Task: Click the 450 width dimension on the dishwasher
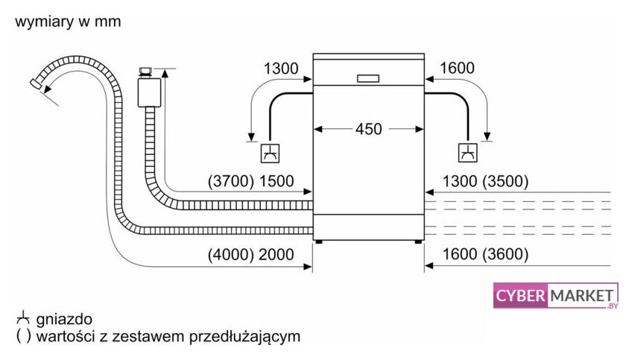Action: tap(368, 129)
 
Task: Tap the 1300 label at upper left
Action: tap(281, 69)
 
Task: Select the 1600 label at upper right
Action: tap(456, 69)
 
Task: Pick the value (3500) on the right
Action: tap(505, 181)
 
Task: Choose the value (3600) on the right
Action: tap(505, 255)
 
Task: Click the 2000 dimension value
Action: tap(276, 255)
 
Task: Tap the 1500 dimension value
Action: tap(276, 181)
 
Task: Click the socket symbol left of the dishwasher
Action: tap(269, 153)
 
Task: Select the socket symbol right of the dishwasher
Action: tap(468, 153)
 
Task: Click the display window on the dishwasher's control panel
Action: tap(368, 78)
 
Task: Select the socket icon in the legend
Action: tap(22, 318)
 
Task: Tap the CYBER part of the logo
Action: tap(521, 297)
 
